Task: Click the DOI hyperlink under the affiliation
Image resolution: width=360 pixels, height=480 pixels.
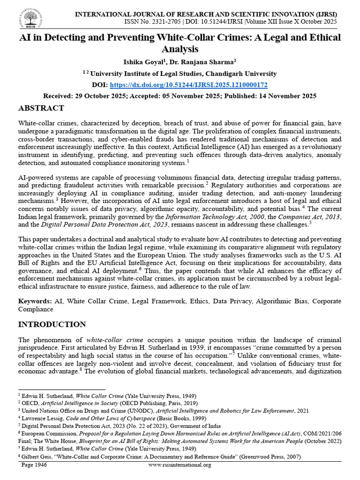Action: click(195, 85)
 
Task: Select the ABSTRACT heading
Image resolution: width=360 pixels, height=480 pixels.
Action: click(41, 108)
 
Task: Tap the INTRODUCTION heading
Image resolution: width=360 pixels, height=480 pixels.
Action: click(52, 324)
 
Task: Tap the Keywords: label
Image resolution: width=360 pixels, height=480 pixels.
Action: click(35, 301)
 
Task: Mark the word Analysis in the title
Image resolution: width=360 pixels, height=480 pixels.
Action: click(180, 49)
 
